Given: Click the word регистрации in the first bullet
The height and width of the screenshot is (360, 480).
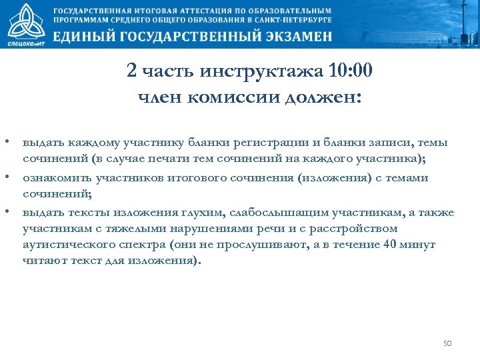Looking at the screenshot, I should pyautogui.click(x=285, y=143).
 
